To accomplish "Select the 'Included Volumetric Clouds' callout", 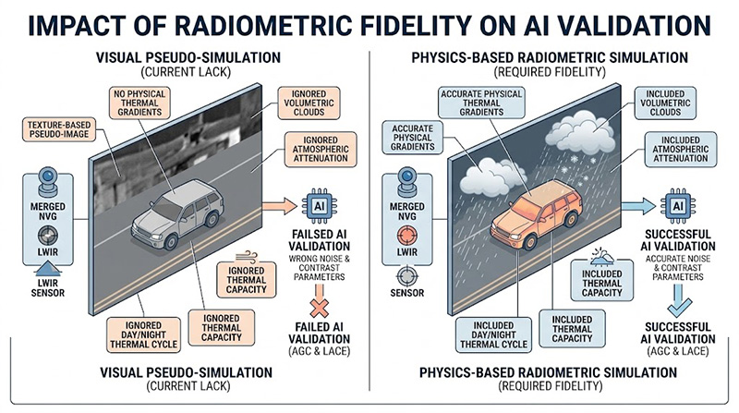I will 670,103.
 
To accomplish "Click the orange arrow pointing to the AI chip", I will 274,207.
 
